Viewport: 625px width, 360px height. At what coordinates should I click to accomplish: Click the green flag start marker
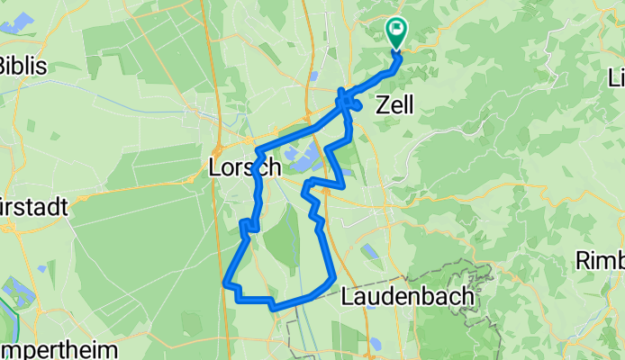point(395,33)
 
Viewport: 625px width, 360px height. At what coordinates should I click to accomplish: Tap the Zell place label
point(394,104)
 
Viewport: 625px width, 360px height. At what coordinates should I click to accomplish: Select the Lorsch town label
point(245,167)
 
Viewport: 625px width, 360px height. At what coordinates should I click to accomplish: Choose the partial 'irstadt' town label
point(34,206)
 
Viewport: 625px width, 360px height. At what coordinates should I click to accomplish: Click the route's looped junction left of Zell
point(348,102)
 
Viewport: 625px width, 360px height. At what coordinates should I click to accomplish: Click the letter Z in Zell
point(379,104)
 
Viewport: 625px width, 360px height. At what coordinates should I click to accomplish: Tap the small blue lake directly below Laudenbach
point(373,342)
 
